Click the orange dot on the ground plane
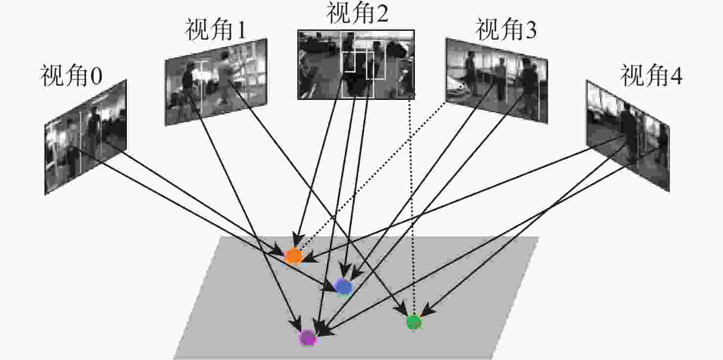click(293, 256)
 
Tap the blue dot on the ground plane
click(343, 287)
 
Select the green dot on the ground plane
click(414, 322)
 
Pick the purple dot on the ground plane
click(308, 337)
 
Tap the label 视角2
click(357, 14)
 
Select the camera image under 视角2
click(356, 64)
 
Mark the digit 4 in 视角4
click(675, 76)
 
